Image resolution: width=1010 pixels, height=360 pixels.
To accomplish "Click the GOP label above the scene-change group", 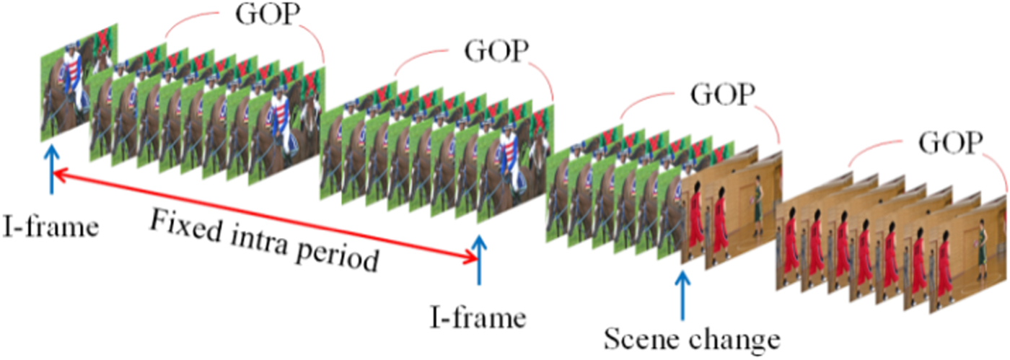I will click(723, 94).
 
